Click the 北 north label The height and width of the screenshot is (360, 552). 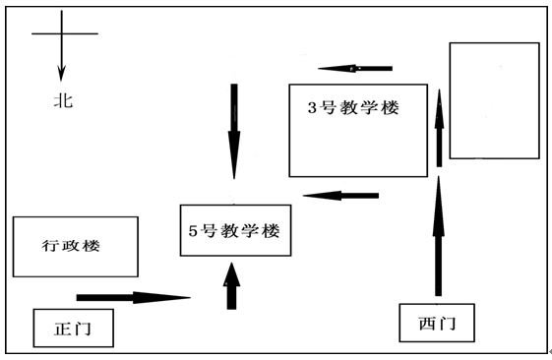point(63,100)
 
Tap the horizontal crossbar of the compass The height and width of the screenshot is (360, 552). point(65,33)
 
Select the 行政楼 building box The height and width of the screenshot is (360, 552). point(74,246)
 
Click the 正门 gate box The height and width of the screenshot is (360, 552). point(73,327)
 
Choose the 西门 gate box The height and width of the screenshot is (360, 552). point(433,322)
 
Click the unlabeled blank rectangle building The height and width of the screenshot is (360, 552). point(494,99)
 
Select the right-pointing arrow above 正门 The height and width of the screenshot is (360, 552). point(133,296)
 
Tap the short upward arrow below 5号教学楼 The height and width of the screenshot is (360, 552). point(232,286)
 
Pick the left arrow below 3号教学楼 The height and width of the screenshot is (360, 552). point(340,195)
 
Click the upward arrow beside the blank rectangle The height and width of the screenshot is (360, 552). point(439,134)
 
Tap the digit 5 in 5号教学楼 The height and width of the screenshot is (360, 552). point(194,231)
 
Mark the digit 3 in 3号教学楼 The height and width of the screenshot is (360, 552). point(313,108)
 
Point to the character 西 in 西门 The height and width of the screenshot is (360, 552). point(424,322)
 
